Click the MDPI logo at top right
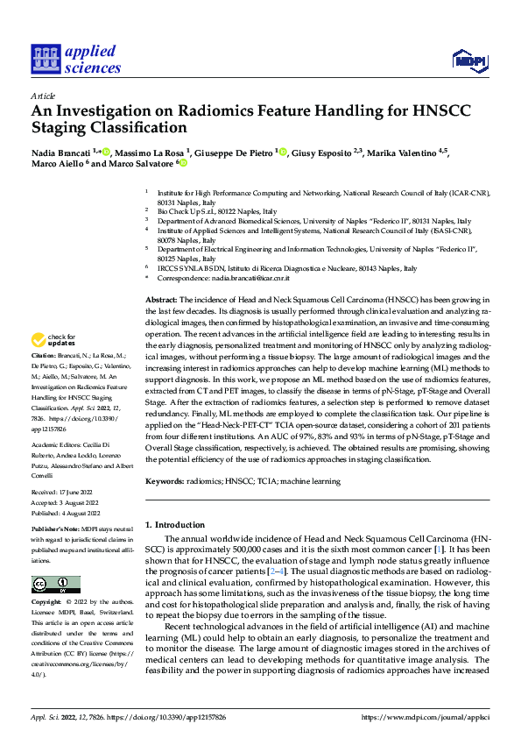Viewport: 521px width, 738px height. coord(469,60)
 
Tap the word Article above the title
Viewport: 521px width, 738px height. coord(43,96)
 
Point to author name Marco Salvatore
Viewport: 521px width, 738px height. coord(144,164)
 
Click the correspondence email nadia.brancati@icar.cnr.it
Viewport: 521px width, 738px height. coord(250,277)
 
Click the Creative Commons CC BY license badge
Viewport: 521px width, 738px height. coord(56,585)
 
